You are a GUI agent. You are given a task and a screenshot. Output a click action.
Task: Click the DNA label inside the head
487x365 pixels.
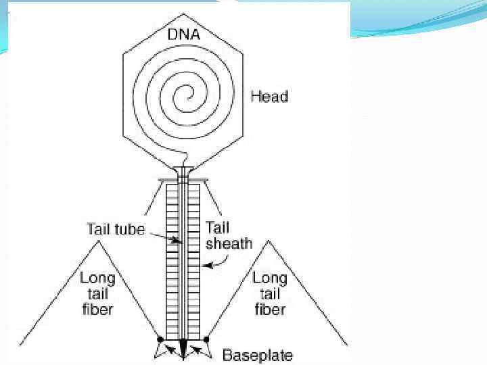tap(183, 33)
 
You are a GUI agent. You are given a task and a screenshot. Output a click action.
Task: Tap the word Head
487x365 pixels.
tap(269, 97)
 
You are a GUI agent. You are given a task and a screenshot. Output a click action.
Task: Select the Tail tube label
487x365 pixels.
tap(116, 229)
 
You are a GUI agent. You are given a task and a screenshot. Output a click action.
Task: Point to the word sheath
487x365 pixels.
tap(229, 243)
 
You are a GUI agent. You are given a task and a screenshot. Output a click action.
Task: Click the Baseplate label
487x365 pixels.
tap(258, 354)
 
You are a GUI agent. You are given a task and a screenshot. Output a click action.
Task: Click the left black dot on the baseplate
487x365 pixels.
tap(160, 339)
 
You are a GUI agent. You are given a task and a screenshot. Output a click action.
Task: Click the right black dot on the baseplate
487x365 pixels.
tap(206, 339)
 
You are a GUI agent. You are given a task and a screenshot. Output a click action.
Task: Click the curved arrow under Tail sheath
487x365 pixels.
tap(220, 265)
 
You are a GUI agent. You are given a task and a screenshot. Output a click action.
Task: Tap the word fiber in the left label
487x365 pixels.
tap(96, 310)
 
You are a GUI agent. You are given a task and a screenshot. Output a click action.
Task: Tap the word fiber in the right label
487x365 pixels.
tap(269, 310)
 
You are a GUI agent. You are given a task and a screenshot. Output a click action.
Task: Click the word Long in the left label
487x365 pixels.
tap(97, 278)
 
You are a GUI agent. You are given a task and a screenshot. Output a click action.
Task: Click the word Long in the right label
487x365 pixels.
tap(270, 278)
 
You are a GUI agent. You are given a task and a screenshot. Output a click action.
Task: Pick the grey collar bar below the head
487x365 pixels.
tap(183, 180)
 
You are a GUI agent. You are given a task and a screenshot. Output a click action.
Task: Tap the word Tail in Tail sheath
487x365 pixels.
tap(218, 227)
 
